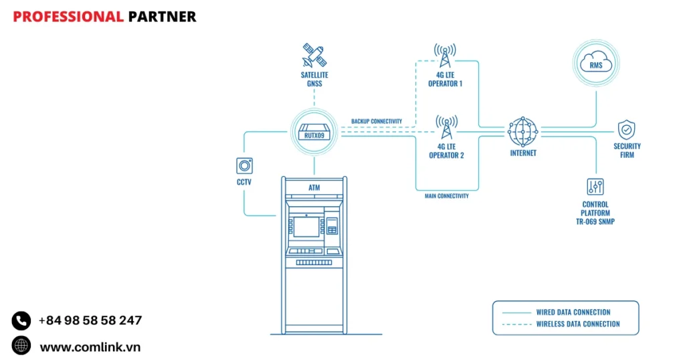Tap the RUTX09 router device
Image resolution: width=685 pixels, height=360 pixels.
pyautogui.click(x=313, y=132)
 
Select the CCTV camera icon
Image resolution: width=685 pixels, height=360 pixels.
pyautogui.click(x=244, y=166)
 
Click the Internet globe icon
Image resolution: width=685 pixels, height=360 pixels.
pyautogui.click(x=522, y=132)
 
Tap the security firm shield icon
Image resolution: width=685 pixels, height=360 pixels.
pyautogui.click(x=627, y=129)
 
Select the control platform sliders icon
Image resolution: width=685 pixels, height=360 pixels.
pyautogui.click(x=595, y=186)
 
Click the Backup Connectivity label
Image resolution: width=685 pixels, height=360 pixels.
pyautogui.click(x=377, y=122)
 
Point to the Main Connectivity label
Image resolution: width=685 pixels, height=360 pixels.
pyautogui.click(x=446, y=196)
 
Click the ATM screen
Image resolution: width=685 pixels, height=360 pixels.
pyautogui.click(x=306, y=227)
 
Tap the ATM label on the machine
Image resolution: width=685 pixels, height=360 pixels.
pyautogui.click(x=314, y=188)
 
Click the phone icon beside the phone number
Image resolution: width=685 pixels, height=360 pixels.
pyautogui.click(x=21, y=321)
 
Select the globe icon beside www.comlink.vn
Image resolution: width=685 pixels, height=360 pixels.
pyautogui.click(x=21, y=346)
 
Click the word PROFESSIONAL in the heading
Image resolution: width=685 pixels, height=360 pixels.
pyautogui.click(x=68, y=17)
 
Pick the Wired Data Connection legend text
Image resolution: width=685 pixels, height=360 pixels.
pyautogui.click(x=573, y=312)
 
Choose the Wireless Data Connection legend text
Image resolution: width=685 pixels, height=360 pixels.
pyautogui.click(x=577, y=324)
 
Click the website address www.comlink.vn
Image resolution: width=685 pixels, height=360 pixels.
pyautogui.click(x=90, y=347)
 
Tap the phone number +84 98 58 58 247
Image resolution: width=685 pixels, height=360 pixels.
pyautogui.click(x=90, y=321)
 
